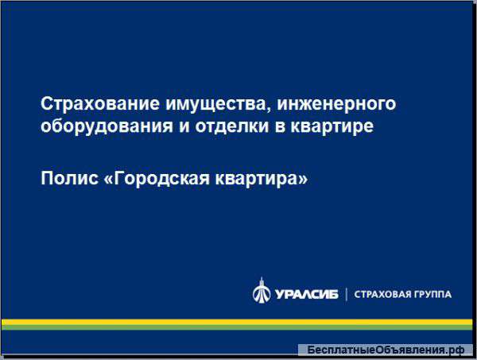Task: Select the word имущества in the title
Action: (x=196, y=104)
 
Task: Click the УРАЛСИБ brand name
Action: (x=306, y=293)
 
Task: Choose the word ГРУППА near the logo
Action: (x=434, y=294)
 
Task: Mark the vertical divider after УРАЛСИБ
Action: (x=346, y=293)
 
